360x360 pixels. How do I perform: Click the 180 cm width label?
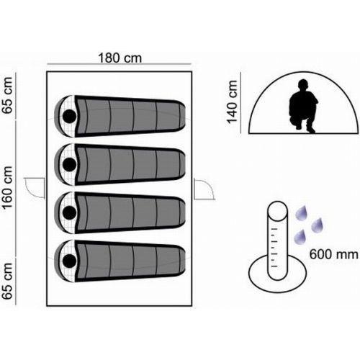pos(120,58)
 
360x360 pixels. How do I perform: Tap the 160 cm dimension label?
pos(7,187)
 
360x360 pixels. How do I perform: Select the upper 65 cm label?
pos(7,95)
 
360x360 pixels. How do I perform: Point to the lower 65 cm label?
pos(7,281)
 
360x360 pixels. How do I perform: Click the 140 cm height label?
pos(233,102)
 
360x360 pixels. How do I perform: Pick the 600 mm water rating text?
pos(334,254)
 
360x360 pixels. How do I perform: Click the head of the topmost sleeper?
pos(69,117)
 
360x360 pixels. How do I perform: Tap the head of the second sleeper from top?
pos(69,164)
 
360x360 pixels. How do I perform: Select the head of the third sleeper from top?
pos(69,212)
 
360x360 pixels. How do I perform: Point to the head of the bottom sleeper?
pos(69,261)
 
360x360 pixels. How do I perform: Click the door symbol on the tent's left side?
pos(35,188)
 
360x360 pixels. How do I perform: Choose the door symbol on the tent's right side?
pos(204,189)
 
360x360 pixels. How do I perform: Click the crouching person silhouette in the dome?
pos(304,106)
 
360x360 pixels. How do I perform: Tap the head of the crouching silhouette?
pos(303,85)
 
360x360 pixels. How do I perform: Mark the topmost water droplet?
pos(302,212)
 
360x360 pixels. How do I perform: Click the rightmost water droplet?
pos(318,225)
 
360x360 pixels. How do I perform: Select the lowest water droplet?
pos(300,237)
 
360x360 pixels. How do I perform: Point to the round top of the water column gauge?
pos(277,211)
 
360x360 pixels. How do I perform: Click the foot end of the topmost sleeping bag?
pos(182,117)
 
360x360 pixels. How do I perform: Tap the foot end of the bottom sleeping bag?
pos(182,261)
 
